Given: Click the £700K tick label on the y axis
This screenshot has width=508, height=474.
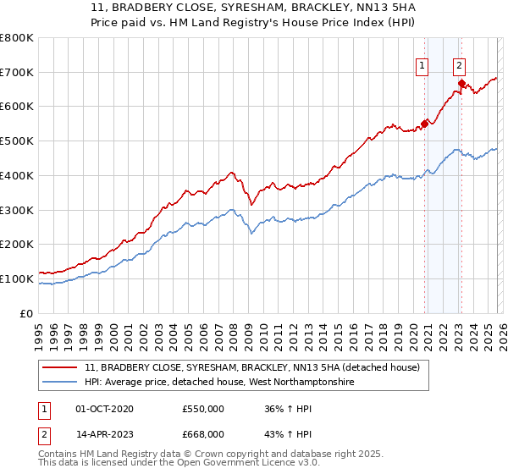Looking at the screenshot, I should tap(16, 73).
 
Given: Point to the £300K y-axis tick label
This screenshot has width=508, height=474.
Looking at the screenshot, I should tap(16, 210).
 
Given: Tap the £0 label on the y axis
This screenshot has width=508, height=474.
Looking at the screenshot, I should tap(25, 313).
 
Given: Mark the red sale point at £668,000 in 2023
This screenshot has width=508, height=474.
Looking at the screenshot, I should tap(461, 83).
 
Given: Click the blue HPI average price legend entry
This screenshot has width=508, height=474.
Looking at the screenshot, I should tap(220, 383).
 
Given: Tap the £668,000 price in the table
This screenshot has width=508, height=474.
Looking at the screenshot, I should tap(203, 433).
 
